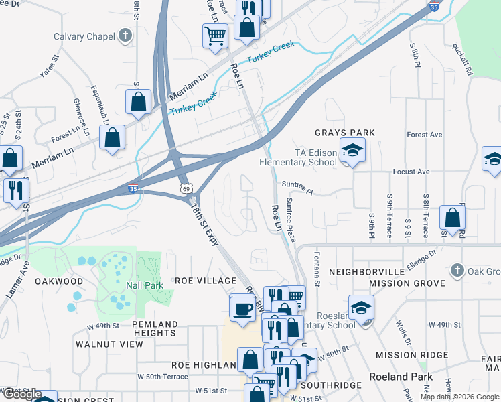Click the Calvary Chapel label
tap(84, 36)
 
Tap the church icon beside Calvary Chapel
tap(125, 36)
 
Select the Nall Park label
tap(144, 285)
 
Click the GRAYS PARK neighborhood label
tap(345, 133)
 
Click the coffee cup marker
tap(242, 308)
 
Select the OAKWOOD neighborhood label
tap(60, 281)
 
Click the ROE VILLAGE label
tap(206, 281)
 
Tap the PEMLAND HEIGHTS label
tap(155, 328)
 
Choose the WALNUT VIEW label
tap(109, 344)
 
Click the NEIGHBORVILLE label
tap(367, 272)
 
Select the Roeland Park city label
tap(401, 377)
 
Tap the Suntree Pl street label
tap(297, 186)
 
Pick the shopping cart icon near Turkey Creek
tap(215, 35)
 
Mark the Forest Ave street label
tap(424, 135)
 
